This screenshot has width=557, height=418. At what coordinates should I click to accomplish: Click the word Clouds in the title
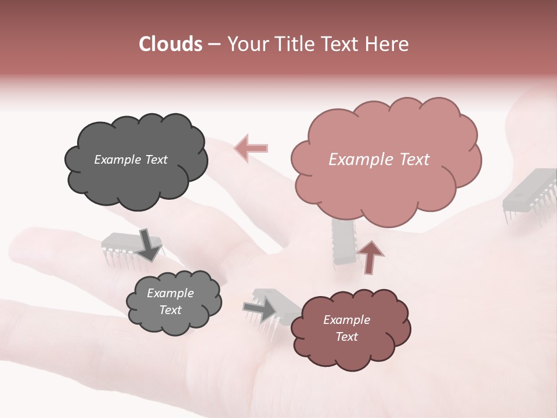click(x=171, y=44)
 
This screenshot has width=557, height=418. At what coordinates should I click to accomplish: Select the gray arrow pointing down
click(x=150, y=243)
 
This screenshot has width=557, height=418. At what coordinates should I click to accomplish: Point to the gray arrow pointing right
click(x=260, y=311)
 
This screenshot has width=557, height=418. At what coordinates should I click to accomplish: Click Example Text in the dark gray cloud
click(x=131, y=160)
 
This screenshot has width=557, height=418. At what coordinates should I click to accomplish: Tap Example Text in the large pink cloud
click(x=379, y=160)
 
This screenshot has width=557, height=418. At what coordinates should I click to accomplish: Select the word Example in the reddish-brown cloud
click(x=346, y=320)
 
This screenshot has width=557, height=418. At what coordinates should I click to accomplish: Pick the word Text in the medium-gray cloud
click(x=170, y=310)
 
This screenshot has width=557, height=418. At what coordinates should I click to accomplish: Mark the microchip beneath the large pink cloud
click(x=343, y=244)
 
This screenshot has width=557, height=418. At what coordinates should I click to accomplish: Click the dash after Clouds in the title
click(x=214, y=44)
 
